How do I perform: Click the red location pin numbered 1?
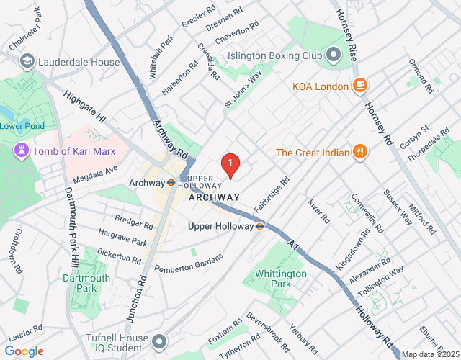point(230,166)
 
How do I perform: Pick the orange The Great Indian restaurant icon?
point(358,152)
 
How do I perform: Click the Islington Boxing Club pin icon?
point(333,55)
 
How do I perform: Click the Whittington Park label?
point(280,279)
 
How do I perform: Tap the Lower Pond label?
point(22,127)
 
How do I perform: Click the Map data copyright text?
point(429,354)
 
